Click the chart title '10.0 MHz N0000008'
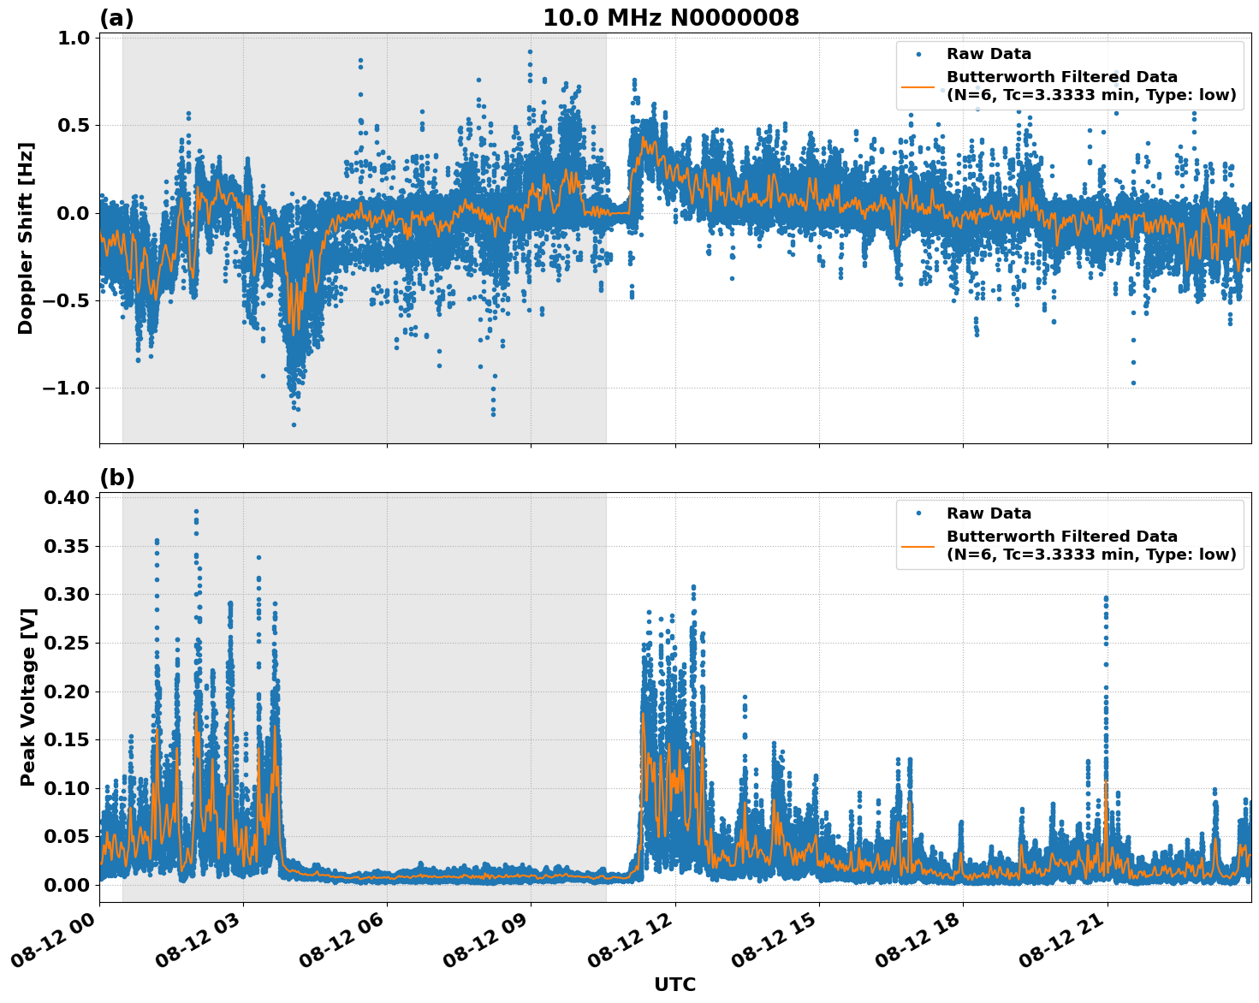670,18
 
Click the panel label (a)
116,18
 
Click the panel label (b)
116,478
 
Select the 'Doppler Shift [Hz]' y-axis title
26,238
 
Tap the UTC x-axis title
674,984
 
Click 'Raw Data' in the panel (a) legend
989,54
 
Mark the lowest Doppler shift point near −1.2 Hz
294,424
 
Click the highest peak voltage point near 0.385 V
196,512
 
